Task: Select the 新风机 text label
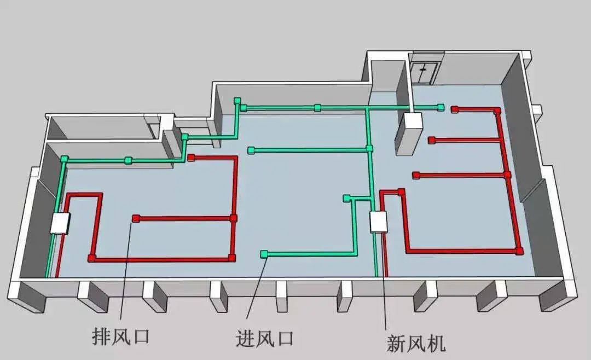pyautogui.click(x=416, y=343)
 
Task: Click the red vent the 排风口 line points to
pyautogui.click(x=135, y=219)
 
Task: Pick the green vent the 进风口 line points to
pyautogui.click(x=264, y=254)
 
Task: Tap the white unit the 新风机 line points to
pyautogui.click(x=378, y=222)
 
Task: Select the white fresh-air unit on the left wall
pyautogui.click(x=61, y=223)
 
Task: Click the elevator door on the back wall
pyautogui.click(x=425, y=72)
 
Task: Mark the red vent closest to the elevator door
pyautogui.click(x=454, y=109)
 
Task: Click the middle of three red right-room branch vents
pyautogui.click(x=431, y=140)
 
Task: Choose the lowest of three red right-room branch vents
pyautogui.click(x=416, y=175)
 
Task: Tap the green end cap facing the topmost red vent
pyautogui.click(x=441, y=107)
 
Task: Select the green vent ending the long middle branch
pyautogui.click(x=251, y=150)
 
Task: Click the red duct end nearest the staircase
pyautogui.click(x=191, y=158)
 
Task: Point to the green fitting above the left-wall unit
pyautogui.click(x=65, y=159)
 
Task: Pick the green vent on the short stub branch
pyautogui.click(x=346, y=198)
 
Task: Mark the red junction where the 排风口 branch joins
pyautogui.click(x=234, y=218)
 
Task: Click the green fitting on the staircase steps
pyautogui.click(x=185, y=137)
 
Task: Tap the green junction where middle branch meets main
pyautogui.click(x=369, y=148)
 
